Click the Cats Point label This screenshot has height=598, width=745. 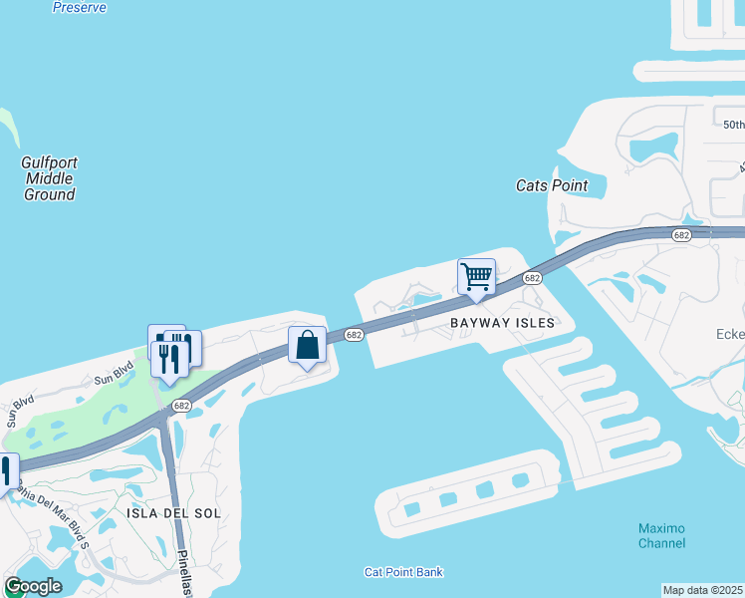point(552,185)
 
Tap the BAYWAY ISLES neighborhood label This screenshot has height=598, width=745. point(501,323)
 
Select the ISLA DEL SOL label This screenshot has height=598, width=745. point(173,512)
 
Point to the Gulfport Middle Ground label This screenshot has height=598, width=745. point(49,178)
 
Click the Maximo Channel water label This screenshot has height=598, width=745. point(661,535)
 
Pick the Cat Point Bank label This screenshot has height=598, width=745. point(403,572)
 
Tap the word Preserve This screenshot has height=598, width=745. point(79,7)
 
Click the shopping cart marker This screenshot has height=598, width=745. point(476,276)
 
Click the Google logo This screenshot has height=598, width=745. point(33,586)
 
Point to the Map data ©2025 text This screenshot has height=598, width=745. point(703,590)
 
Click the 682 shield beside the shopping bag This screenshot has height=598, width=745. point(354,336)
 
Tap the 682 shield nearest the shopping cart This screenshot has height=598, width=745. point(532,278)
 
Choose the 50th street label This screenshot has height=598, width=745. point(733,125)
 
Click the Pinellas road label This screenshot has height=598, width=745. point(184,573)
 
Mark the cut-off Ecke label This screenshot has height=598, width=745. point(730,335)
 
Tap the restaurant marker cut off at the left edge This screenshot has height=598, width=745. point(6,470)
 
